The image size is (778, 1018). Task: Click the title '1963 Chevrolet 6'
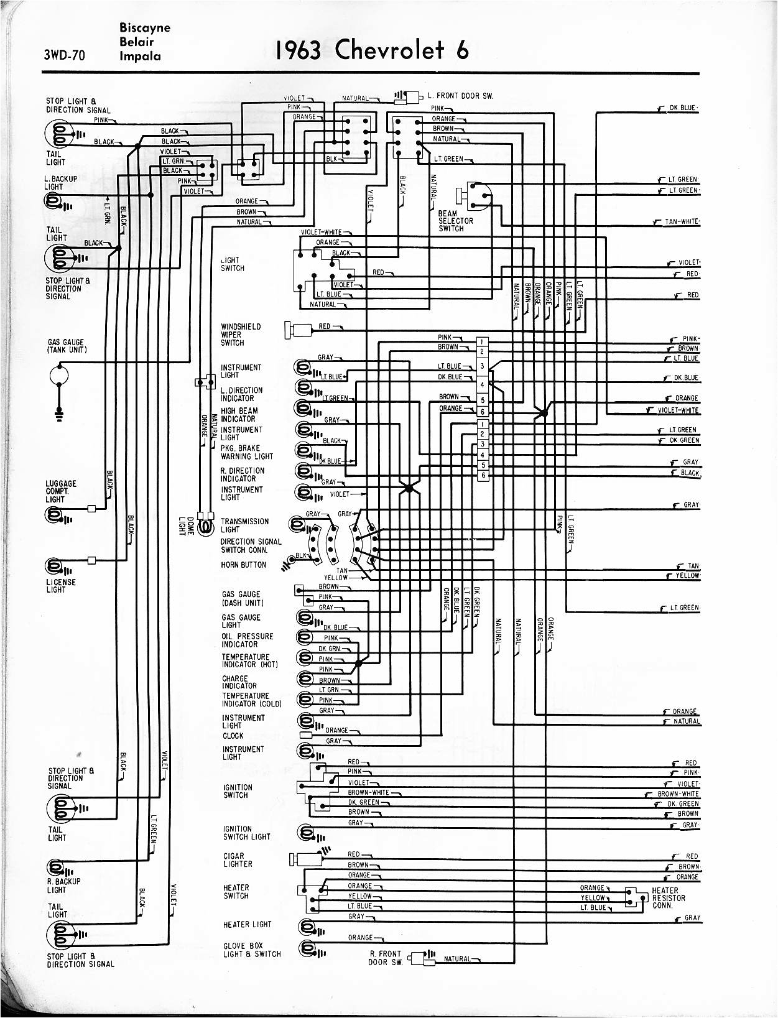click(x=372, y=50)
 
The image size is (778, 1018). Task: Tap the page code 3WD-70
click(x=64, y=55)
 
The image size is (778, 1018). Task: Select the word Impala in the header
click(x=140, y=56)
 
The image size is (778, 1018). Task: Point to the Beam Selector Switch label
click(x=455, y=221)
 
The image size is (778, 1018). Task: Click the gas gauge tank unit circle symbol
click(x=58, y=375)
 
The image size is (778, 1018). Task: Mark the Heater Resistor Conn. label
click(x=669, y=898)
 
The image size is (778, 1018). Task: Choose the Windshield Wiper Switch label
click(x=241, y=335)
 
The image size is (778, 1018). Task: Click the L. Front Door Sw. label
click(x=460, y=96)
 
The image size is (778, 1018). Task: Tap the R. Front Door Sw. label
click(x=386, y=958)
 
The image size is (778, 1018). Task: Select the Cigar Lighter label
click(x=238, y=860)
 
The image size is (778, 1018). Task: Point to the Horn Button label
click(x=243, y=565)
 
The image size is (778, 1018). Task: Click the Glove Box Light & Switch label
click(x=252, y=950)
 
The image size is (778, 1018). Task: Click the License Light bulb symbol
click(x=54, y=568)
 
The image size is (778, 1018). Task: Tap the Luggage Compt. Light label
click(x=61, y=491)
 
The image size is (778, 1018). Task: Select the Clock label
click(x=233, y=736)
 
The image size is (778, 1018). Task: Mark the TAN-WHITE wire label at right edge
click(x=682, y=221)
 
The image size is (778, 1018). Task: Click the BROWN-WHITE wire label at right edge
click(x=680, y=794)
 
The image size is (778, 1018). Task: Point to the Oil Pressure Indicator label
click(x=248, y=641)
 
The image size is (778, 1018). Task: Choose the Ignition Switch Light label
click(x=246, y=833)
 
